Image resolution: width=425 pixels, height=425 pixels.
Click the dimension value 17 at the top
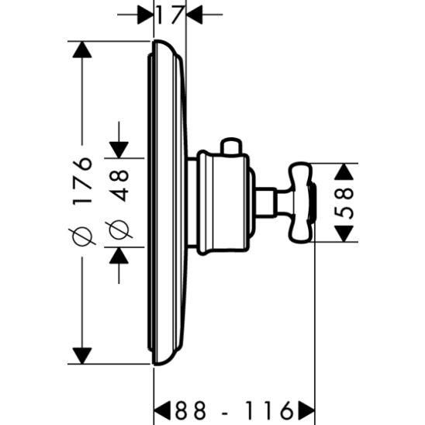tap(169, 13)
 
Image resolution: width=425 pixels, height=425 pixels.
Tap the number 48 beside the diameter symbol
tap(119, 187)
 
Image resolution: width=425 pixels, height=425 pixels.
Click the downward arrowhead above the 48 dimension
tap(119, 148)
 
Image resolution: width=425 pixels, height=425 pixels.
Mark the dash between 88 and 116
tap(226, 408)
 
